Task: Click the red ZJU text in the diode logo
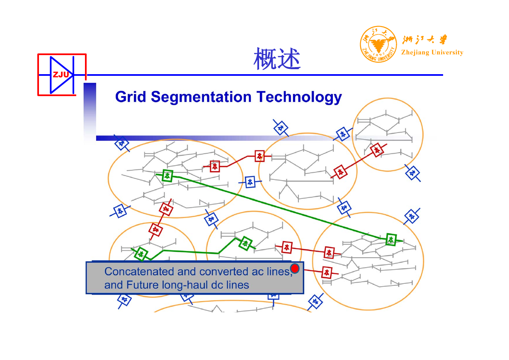pyautogui.click(x=61, y=75)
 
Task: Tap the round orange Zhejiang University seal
pyautogui.click(x=378, y=44)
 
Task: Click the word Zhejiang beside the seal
pyautogui.click(x=415, y=53)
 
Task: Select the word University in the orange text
pyautogui.click(x=447, y=52)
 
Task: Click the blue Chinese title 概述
pyautogui.click(x=277, y=58)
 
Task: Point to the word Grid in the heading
pyautogui.click(x=131, y=97)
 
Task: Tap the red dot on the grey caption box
pyautogui.click(x=295, y=268)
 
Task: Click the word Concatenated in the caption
pyautogui.click(x=139, y=271)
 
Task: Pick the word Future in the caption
pyautogui.click(x=142, y=285)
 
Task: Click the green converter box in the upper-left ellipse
pyautogui.click(x=167, y=176)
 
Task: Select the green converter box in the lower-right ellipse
pyautogui.click(x=391, y=239)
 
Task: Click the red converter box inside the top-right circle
pyautogui.click(x=377, y=150)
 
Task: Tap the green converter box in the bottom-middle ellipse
pyautogui.click(x=245, y=244)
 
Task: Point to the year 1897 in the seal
pyautogui.click(x=378, y=54)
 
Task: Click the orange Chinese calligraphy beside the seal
pyautogui.click(x=424, y=39)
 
